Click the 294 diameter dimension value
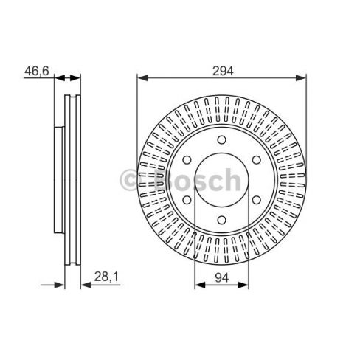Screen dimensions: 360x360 click(x=223, y=71)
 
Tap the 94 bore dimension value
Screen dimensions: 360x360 click(x=222, y=277)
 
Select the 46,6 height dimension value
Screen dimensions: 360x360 click(x=37, y=71)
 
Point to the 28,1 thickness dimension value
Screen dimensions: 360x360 click(x=106, y=277)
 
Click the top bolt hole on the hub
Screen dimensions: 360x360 click(x=222, y=139)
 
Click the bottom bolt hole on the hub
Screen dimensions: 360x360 click(x=222, y=220)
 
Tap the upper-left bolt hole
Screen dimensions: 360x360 click(x=187, y=160)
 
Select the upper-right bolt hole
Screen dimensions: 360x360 click(x=257, y=160)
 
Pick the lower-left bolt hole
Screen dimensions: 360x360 click(x=187, y=200)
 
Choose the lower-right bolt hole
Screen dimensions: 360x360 click(x=257, y=200)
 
